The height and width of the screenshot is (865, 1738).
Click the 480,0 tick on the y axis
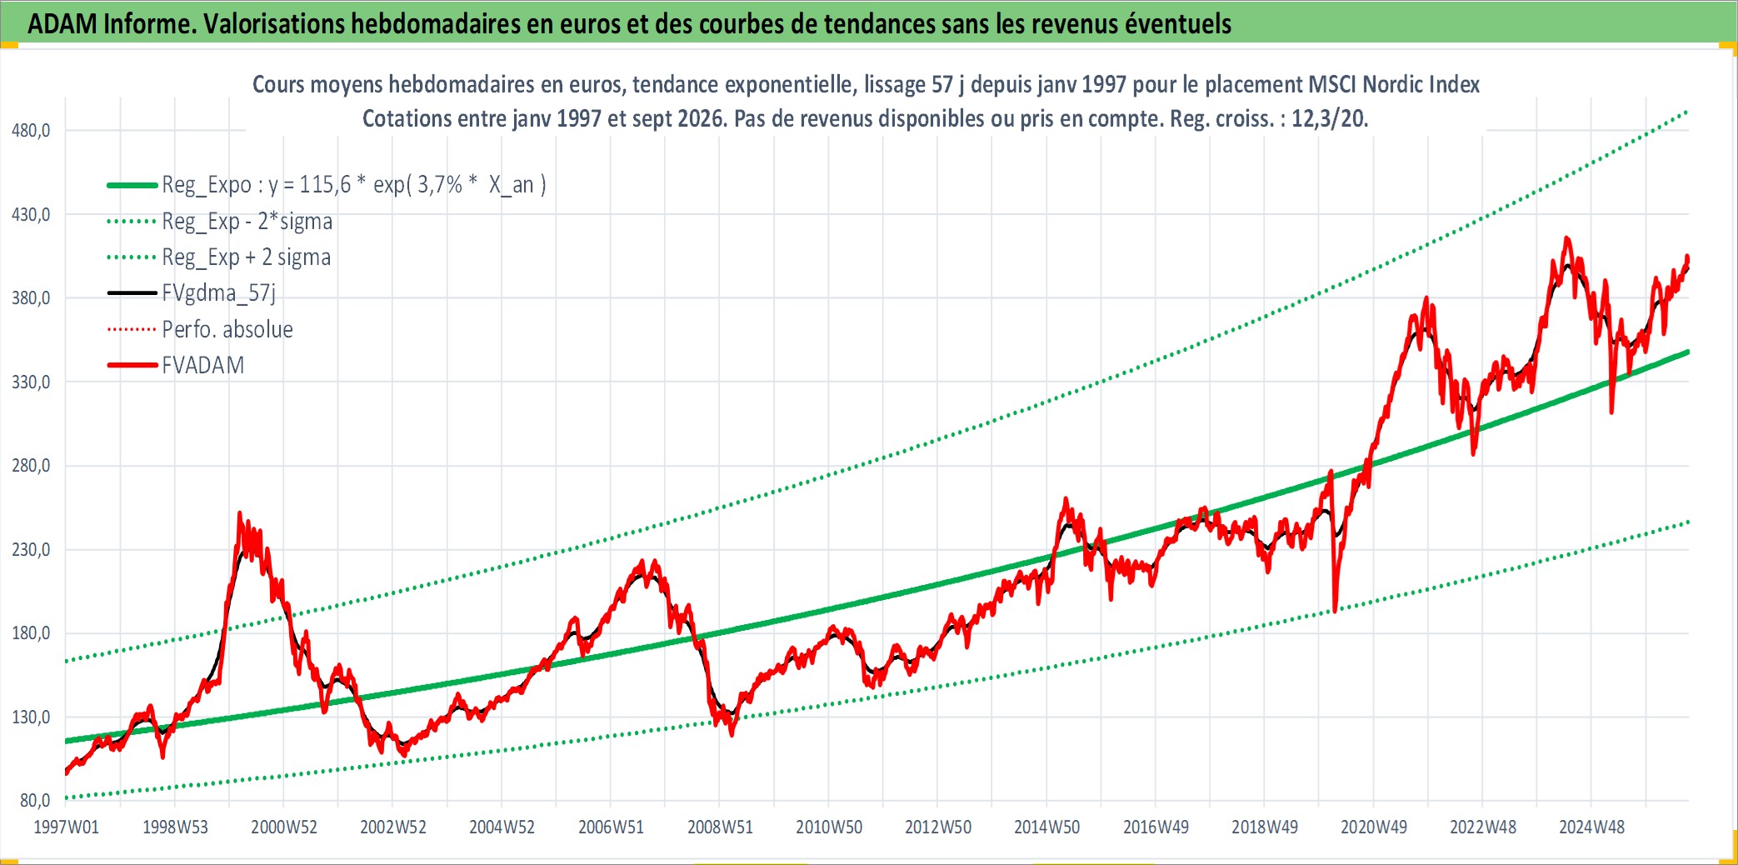tap(31, 130)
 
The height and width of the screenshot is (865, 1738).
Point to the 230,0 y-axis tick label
tap(31, 549)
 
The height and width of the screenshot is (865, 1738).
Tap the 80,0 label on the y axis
tap(35, 800)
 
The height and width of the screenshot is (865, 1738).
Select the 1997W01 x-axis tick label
tap(66, 827)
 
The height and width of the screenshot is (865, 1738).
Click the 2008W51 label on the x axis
tap(720, 827)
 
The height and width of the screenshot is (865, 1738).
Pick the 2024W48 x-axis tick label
tap(1591, 827)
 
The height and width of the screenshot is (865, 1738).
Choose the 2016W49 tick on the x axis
tap(1156, 827)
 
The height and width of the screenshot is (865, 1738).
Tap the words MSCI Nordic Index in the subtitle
tap(1394, 84)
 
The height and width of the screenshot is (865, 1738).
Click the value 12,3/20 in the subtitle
tap(1329, 118)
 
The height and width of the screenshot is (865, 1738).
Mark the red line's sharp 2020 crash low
tap(1335, 611)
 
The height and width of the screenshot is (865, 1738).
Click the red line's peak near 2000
tap(240, 513)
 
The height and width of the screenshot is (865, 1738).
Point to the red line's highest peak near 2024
tap(1567, 238)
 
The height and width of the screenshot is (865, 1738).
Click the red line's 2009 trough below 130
tap(732, 734)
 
